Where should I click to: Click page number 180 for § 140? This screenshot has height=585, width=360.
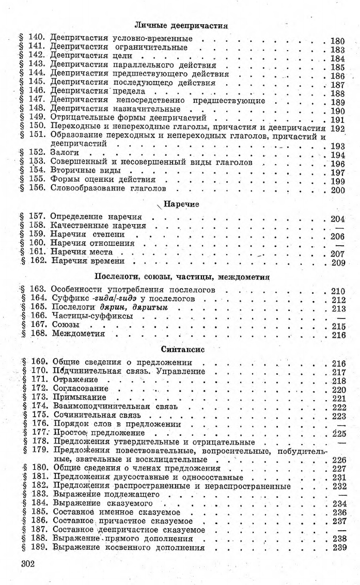(337, 39)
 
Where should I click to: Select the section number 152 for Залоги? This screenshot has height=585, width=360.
(39, 154)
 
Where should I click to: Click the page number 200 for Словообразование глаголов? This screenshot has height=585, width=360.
(337, 189)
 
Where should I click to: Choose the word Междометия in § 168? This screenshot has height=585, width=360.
(78, 334)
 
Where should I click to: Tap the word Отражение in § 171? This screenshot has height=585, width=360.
(72, 380)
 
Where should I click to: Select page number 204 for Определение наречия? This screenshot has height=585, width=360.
(337, 218)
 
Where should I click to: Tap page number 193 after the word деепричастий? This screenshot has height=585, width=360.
(337, 146)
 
